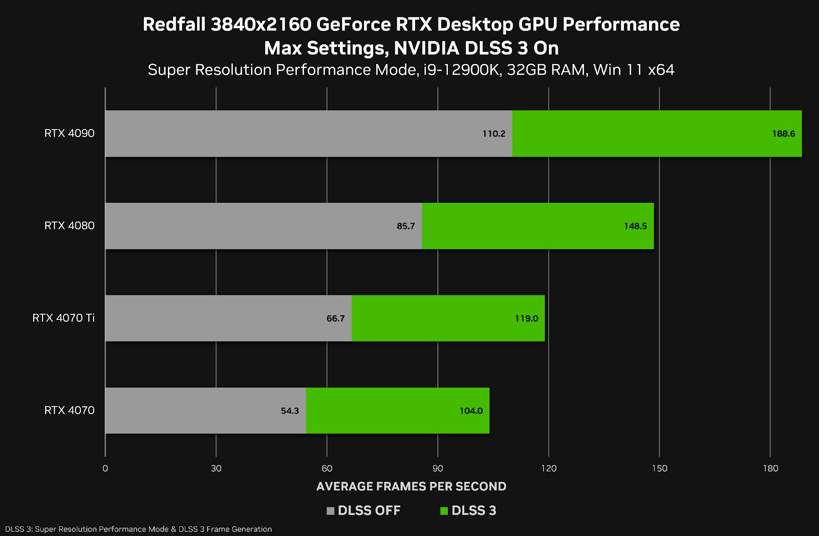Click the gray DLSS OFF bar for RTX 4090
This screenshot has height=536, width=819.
[307, 134]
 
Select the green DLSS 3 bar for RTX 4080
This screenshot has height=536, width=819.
[537, 226]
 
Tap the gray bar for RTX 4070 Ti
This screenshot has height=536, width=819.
[228, 318]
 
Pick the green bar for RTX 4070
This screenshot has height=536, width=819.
[398, 411]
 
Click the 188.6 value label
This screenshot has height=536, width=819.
[783, 134]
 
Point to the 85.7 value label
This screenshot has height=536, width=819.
[405, 226]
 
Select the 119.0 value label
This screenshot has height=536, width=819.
[526, 318]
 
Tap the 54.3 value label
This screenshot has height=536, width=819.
[290, 411]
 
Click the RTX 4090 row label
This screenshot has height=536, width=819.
[69, 133]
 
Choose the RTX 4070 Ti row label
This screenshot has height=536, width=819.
[63, 318]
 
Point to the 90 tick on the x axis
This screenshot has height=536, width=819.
[438, 468]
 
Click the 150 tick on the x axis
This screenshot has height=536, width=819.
[659, 468]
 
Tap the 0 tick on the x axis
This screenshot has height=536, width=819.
[105, 468]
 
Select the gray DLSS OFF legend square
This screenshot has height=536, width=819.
[330, 510]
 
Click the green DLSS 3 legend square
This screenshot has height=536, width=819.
[444, 510]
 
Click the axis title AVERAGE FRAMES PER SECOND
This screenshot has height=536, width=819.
[411, 486]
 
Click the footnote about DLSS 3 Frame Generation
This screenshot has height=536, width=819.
[138, 529]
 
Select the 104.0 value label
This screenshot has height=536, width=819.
[471, 411]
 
